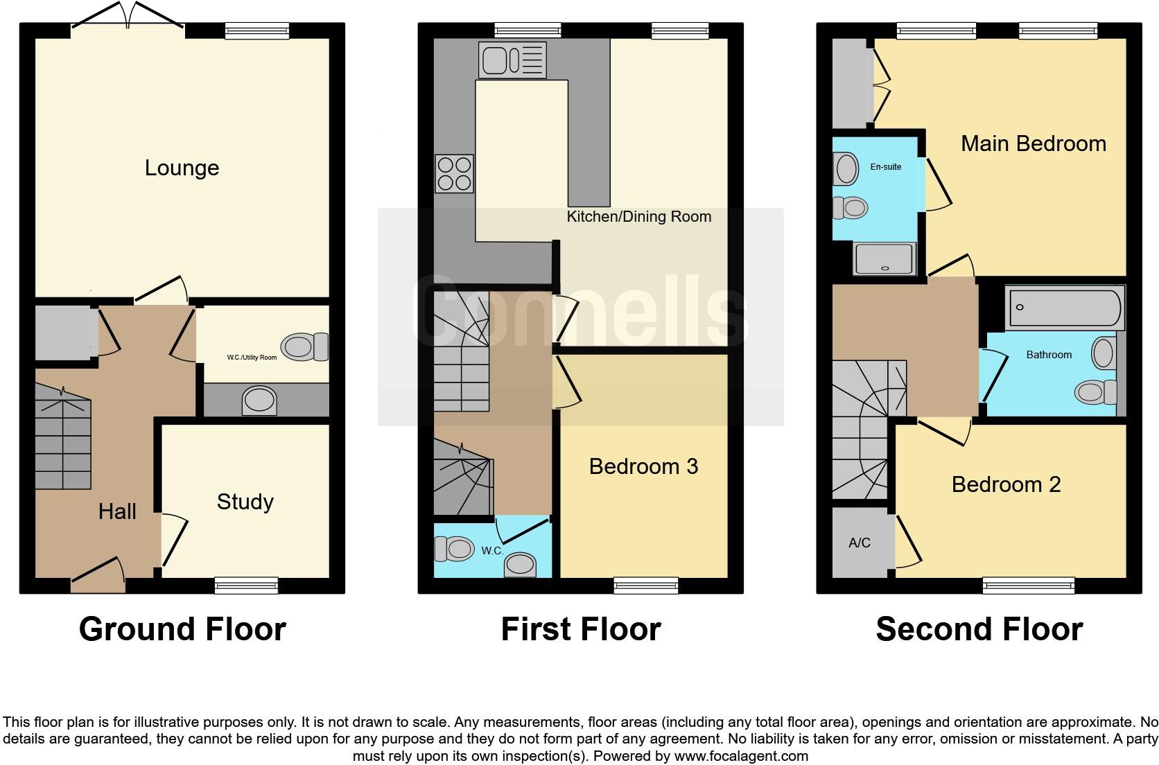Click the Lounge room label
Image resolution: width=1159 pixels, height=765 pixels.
pos(182,168)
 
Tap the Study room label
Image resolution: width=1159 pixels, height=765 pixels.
pos(245,502)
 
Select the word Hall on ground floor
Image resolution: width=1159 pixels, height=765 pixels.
pos(117,512)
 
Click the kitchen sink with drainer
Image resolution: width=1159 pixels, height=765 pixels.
pos(512,60)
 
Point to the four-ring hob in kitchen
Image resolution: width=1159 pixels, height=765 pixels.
pos(455,173)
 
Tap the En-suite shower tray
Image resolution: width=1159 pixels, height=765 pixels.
pos(885,258)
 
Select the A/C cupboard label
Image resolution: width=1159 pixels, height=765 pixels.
pos(860,543)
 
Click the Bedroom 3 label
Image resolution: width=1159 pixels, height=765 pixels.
pos(643,466)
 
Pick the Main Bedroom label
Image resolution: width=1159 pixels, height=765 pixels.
pos(1033,144)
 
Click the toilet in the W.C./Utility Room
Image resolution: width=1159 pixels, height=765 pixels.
pos(305,346)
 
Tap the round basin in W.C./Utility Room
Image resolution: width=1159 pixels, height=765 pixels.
pos(259,401)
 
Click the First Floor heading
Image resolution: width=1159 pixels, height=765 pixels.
pos(580,629)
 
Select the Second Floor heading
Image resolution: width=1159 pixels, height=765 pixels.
pos(979,629)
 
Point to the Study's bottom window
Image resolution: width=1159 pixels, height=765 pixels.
pos(246,586)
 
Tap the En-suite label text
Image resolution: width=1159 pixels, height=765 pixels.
pos(886,166)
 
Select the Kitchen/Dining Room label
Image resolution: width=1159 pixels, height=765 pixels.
pos(639,217)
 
